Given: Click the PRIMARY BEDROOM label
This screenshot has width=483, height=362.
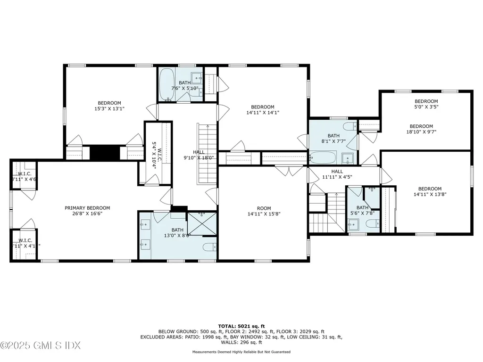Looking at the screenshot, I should (x=87, y=208).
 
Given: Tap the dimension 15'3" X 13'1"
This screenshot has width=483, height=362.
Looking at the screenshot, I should (x=109, y=108).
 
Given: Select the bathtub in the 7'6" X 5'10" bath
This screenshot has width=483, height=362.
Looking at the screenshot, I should (x=167, y=84).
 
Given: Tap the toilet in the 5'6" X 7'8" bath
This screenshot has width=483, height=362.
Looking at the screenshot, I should (x=373, y=223).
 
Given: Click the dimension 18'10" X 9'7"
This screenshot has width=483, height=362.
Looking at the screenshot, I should (x=421, y=132).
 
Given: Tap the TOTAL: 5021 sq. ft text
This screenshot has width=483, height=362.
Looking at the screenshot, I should (x=241, y=326).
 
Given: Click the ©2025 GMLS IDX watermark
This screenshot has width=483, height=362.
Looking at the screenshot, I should (x=40, y=346).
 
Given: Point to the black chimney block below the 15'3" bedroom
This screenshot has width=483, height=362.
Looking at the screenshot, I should (x=105, y=153).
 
